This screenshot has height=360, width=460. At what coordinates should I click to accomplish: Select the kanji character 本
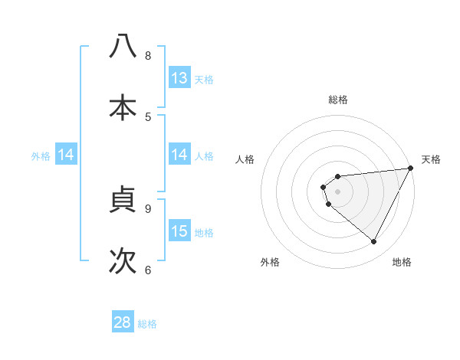click(x=123, y=107)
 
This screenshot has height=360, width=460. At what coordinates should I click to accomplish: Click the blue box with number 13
click(x=179, y=78)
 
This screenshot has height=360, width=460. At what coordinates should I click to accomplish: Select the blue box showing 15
click(x=179, y=231)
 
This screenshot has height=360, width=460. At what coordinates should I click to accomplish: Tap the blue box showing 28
click(x=123, y=322)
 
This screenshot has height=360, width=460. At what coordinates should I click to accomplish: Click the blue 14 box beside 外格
click(x=66, y=155)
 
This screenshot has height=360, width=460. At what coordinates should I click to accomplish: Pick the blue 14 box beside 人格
click(x=179, y=155)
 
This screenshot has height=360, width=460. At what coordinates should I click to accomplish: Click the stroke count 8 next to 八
click(x=148, y=55)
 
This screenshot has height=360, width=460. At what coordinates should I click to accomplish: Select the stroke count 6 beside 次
click(x=148, y=270)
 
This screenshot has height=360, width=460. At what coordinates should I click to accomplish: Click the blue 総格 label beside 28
click(x=147, y=324)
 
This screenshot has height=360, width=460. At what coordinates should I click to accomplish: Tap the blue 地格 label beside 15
click(x=204, y=233)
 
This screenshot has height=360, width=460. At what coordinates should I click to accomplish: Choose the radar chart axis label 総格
click(x=337, y=100)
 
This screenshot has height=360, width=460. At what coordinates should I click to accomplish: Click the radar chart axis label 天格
click(x=431, y=159)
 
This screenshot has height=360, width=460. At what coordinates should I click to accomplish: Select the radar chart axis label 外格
click(x=270, y=262)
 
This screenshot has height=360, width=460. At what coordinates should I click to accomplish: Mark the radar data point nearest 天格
click(x=411, y=169)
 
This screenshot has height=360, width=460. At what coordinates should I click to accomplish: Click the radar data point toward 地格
click(x=374, y=241)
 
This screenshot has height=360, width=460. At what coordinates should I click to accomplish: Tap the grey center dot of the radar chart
click(x=337, y=191)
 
